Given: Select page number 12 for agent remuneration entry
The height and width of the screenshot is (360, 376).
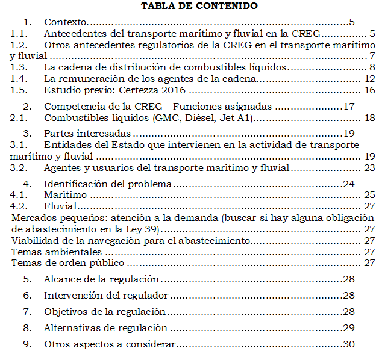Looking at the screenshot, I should coord(370,78).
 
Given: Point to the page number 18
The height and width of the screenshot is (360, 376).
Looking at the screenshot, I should coord(370,117).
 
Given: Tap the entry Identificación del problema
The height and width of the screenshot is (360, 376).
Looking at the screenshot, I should coord(108,184).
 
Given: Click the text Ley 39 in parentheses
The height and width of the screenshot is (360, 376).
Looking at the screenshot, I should coord(147,229).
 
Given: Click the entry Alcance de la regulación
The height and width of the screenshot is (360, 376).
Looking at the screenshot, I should coord(101,279).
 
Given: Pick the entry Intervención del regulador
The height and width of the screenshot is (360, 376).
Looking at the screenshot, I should coord(105,296).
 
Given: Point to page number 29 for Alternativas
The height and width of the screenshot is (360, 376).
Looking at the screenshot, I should coord(348,328).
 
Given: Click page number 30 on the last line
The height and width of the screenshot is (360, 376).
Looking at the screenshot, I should coord(348,344).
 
